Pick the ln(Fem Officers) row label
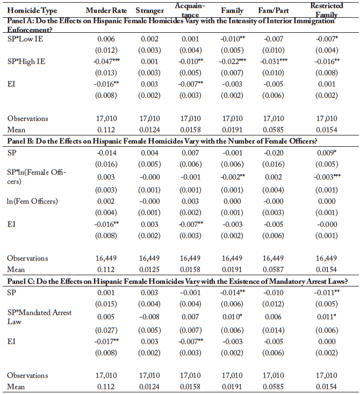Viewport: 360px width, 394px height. (32, 202)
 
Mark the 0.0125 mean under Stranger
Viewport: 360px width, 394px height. (146, 269)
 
